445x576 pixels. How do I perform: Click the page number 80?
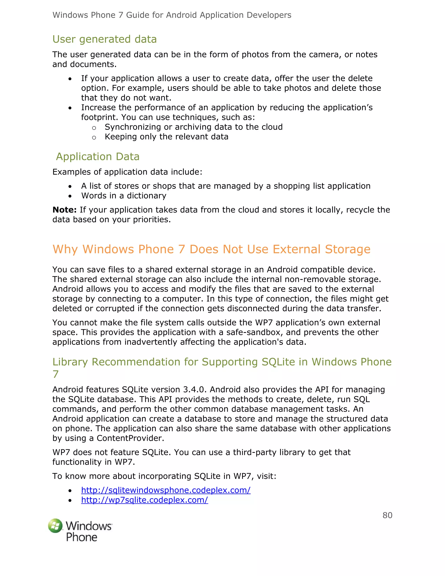[387, 515]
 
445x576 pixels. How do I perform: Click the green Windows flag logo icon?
[55, 526]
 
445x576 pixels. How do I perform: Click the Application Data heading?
[98, 156]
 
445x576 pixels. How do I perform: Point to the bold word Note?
[64, 210]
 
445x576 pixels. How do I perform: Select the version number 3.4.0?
[195, 390]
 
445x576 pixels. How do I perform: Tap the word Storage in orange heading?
[347, 249]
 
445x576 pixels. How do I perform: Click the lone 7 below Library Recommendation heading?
[55, 374]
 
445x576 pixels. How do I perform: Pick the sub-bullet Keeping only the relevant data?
[166, 137]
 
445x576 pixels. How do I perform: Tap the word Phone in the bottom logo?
[81, 537]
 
